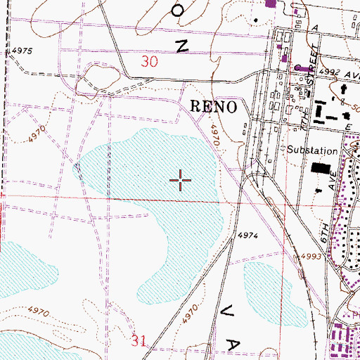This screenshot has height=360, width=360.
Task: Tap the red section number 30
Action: pyautogui.click(x=149, y=62)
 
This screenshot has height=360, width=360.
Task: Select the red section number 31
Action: pyautogui.click(x=139, y=341)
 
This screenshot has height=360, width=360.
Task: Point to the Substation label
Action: pyautogui.click(x=312, y=150)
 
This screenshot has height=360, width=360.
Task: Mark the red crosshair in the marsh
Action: pyautogui.click(x=181, y=181)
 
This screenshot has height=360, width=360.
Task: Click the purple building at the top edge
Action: pyautogui.click(x=270, y=4)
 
